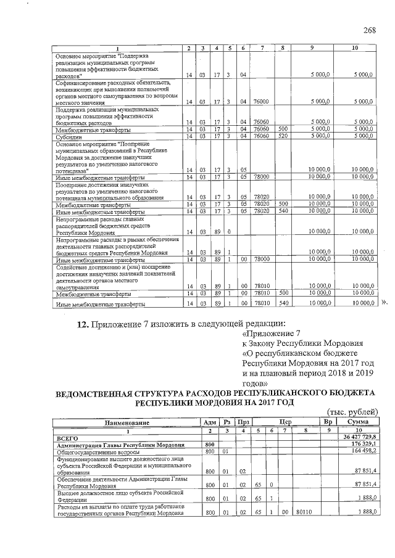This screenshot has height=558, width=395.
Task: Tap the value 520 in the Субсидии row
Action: point(283,136)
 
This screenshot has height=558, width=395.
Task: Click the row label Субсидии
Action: point(69,137)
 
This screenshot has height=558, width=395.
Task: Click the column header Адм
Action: point(209,423)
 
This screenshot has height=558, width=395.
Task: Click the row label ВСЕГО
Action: point(66,437)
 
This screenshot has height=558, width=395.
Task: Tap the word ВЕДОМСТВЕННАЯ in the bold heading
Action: point(98,393)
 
